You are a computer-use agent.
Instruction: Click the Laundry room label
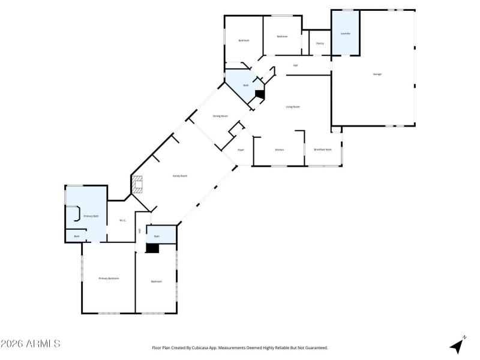tap(346, 34)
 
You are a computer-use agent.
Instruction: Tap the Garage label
tap(377, 74)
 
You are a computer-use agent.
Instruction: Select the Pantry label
tap(320, 43)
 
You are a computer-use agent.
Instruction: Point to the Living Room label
tap(293, 107)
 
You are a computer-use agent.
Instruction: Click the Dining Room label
tap(220, 116)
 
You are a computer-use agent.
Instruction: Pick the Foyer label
tap(241, 149)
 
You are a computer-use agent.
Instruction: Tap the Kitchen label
tap(279, 149)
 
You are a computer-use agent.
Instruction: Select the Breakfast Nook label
tap(323, 149)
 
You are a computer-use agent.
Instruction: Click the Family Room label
tap(180, 176)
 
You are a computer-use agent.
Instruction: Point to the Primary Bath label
tap(91, 215)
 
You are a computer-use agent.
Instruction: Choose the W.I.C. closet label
tap(122, 221)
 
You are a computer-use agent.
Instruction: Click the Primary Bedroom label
tap(109, 278)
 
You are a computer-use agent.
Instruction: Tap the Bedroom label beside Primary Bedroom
tap(157, 281)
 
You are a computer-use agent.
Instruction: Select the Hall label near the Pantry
tap(295, 65)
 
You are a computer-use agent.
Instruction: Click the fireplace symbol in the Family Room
tap(138, 184)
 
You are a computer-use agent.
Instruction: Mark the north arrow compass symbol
tap(458, 345)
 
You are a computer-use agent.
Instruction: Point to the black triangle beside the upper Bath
tap(260, 93)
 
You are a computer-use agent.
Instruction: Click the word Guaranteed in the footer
tap(316, 347)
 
